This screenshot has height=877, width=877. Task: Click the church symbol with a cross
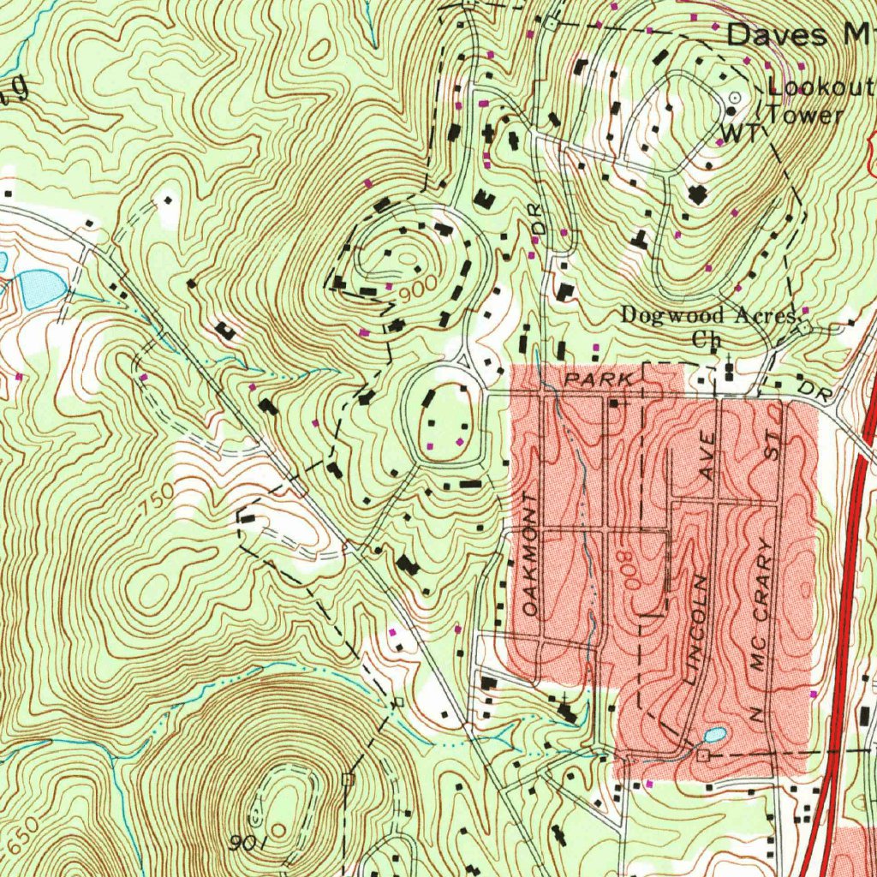[x=729, y=369]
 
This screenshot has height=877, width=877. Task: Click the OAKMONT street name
[x=532, y=555]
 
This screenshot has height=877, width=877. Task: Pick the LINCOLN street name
[x=698, y=629]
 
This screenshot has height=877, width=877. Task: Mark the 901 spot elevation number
[x=248, y=844]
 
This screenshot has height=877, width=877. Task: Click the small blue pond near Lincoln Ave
[x=715, y=735]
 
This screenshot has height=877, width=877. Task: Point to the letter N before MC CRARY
[x=756, y=713]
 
